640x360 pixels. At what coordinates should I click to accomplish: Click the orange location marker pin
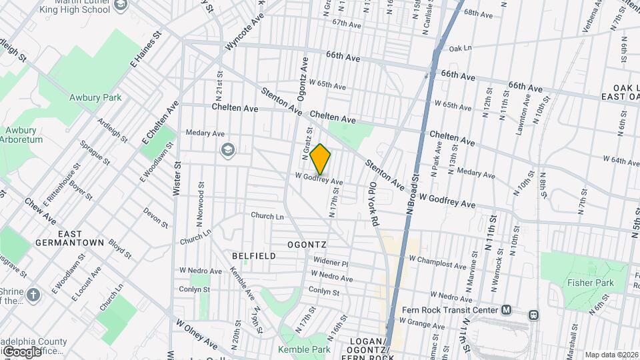[x=321, y=159]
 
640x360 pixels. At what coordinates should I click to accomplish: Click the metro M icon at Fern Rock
[x=507, y=310]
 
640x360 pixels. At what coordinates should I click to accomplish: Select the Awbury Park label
[x=95, y=97]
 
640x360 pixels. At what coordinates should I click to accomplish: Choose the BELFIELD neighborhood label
[x=253, y=256]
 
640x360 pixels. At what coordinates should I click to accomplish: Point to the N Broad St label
[x=411, y=197]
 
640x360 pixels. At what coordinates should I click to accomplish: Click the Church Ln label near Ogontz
[x=267, y=216]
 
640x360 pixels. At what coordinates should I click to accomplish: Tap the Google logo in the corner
[x=21, y=351]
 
